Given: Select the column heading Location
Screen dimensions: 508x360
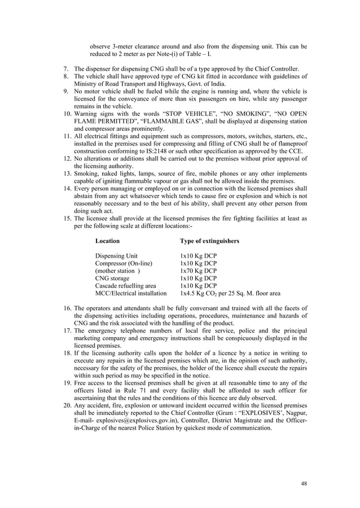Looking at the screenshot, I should [107, 241].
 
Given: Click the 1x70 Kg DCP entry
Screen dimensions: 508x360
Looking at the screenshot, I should [198, 271].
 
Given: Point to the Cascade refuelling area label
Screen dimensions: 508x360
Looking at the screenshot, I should [126, 286].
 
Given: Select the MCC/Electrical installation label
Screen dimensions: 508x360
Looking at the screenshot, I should [131, 293].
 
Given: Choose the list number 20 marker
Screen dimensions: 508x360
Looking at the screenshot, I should [66, 405].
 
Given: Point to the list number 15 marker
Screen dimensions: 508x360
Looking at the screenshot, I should [66, 218].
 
